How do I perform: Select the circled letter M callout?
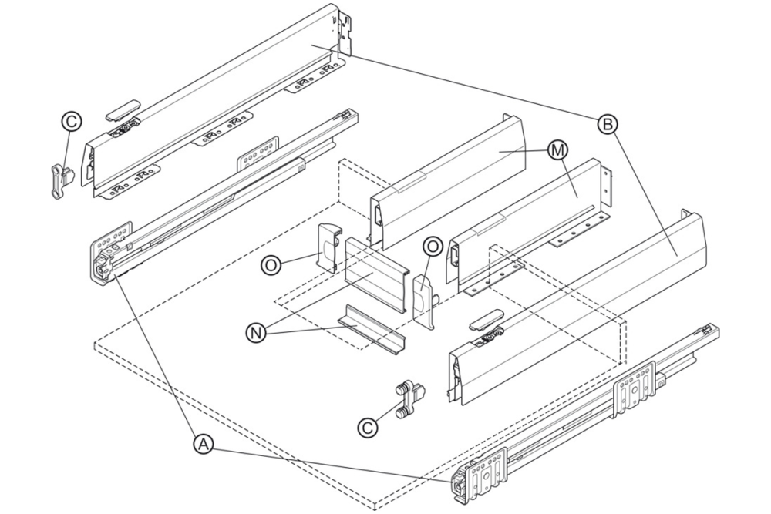click(x=556, y=149)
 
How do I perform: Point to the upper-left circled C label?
click(x=70, y=121)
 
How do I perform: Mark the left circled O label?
click(x=271, y=264)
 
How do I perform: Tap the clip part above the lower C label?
click(x=411, y=398)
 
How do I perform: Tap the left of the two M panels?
click(x=447, y=181)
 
